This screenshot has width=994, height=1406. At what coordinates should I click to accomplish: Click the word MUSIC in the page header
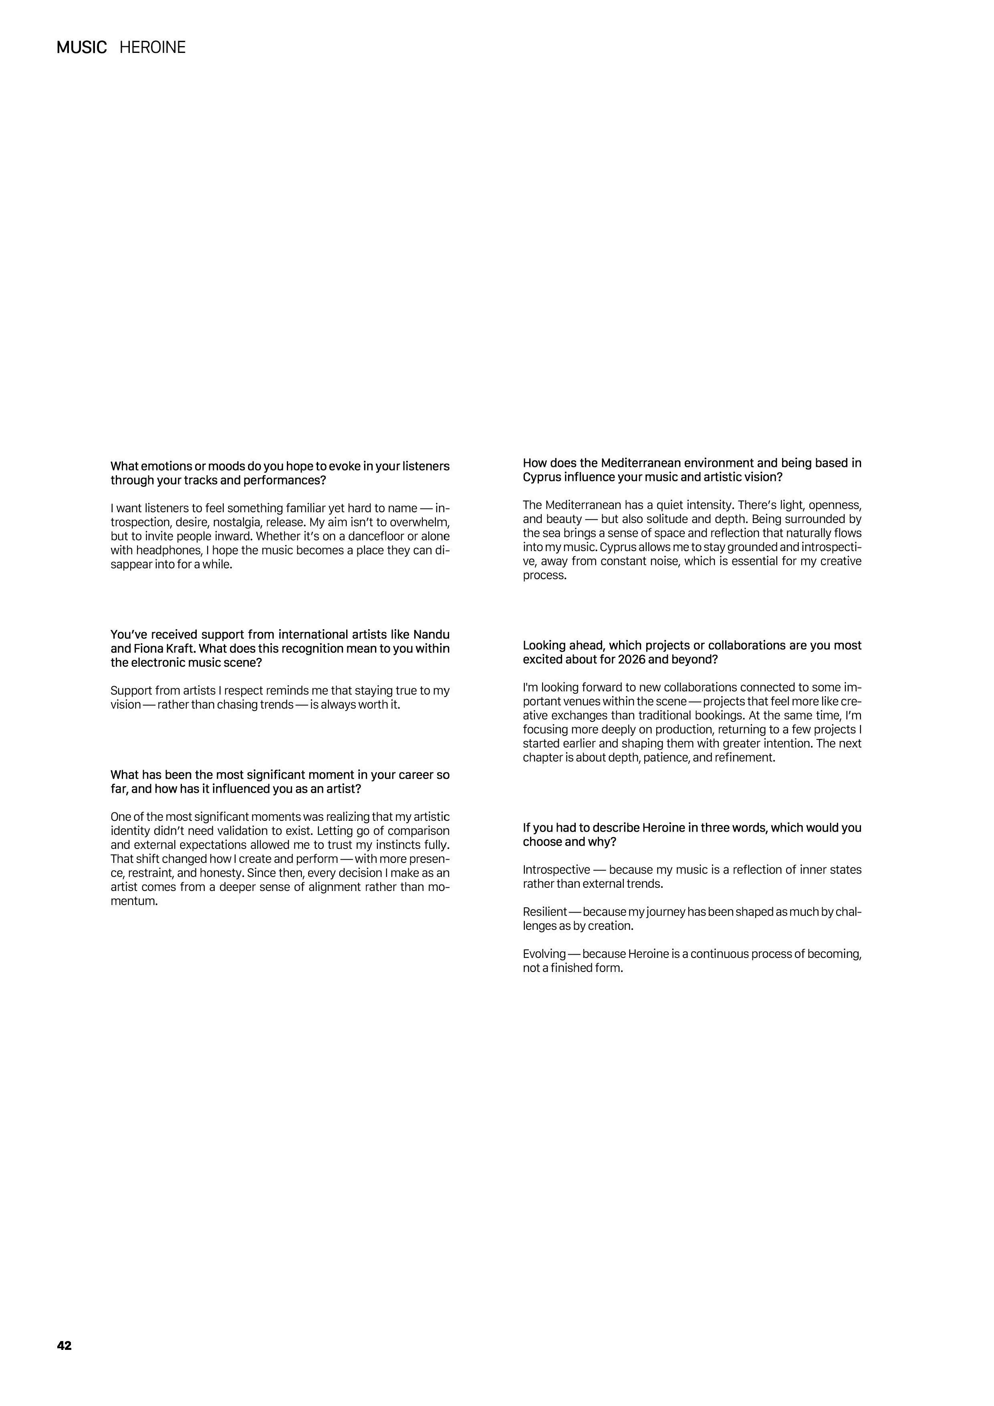81,48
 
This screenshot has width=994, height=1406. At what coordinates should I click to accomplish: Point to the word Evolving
544,954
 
